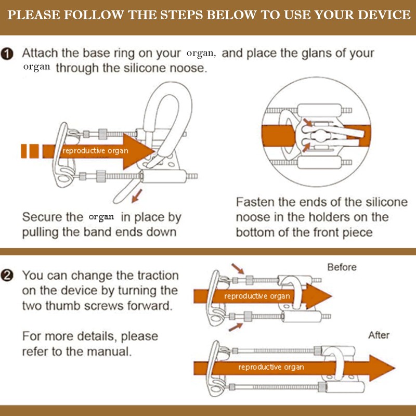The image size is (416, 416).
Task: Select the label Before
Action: tap(342, 267)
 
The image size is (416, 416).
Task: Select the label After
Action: tap(379, 335)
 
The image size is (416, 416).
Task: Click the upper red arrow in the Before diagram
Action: tap(237, 269)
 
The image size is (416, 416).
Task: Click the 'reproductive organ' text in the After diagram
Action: tap(271, 367)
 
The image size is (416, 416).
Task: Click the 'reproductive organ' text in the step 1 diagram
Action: tap(95, 151)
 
